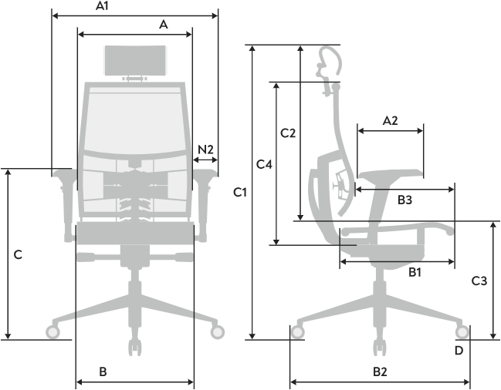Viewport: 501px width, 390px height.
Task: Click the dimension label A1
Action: coord(102,6)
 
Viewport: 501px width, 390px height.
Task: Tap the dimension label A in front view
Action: coord(163,25)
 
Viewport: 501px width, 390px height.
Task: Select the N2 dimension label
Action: coord(205,148)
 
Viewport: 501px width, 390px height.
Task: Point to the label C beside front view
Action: coord(18,254)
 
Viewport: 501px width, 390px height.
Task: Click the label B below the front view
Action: coord(103,372)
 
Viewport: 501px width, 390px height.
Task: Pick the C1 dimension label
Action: coord(240,192)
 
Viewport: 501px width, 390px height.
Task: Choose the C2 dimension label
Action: coord(288,133)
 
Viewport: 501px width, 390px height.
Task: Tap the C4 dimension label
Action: coord(264,164)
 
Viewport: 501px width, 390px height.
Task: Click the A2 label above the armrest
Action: coord(390,120)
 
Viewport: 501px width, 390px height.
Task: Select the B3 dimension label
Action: coord(405,200)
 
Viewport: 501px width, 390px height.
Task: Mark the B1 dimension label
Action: coord(414,272)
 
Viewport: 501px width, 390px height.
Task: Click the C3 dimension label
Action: coord(479,281)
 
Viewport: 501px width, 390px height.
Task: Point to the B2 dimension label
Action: coord(380,372)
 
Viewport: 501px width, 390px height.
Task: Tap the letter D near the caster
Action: coord(459,351)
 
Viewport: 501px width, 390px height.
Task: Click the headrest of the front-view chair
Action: coord(136,60)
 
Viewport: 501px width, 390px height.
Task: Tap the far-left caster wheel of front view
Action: coord(53,332)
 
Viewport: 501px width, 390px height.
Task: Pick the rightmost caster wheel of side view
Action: coord(462,333)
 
